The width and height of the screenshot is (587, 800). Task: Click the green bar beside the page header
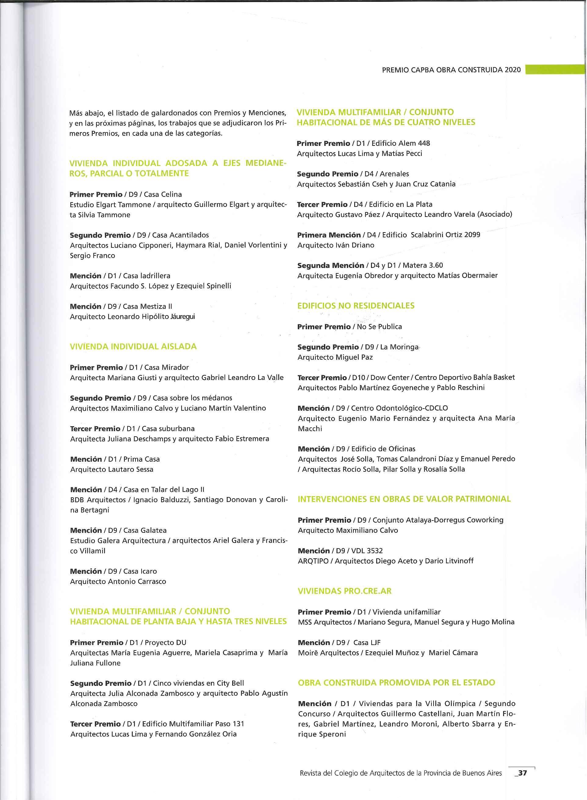(555, 70)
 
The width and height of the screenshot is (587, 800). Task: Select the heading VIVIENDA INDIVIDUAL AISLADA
(133, 346)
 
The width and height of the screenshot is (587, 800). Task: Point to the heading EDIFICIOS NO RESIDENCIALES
(356, 305)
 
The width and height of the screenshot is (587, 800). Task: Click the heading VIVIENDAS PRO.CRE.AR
(345, 591)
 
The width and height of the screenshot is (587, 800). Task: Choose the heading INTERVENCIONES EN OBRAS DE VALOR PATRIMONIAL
(404, 499)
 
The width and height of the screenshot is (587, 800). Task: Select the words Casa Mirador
(166, 367)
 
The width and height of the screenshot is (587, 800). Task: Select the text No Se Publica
(379, 326)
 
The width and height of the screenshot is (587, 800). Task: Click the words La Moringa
(399, 347)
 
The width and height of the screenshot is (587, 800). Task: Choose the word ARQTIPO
(312, 561)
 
